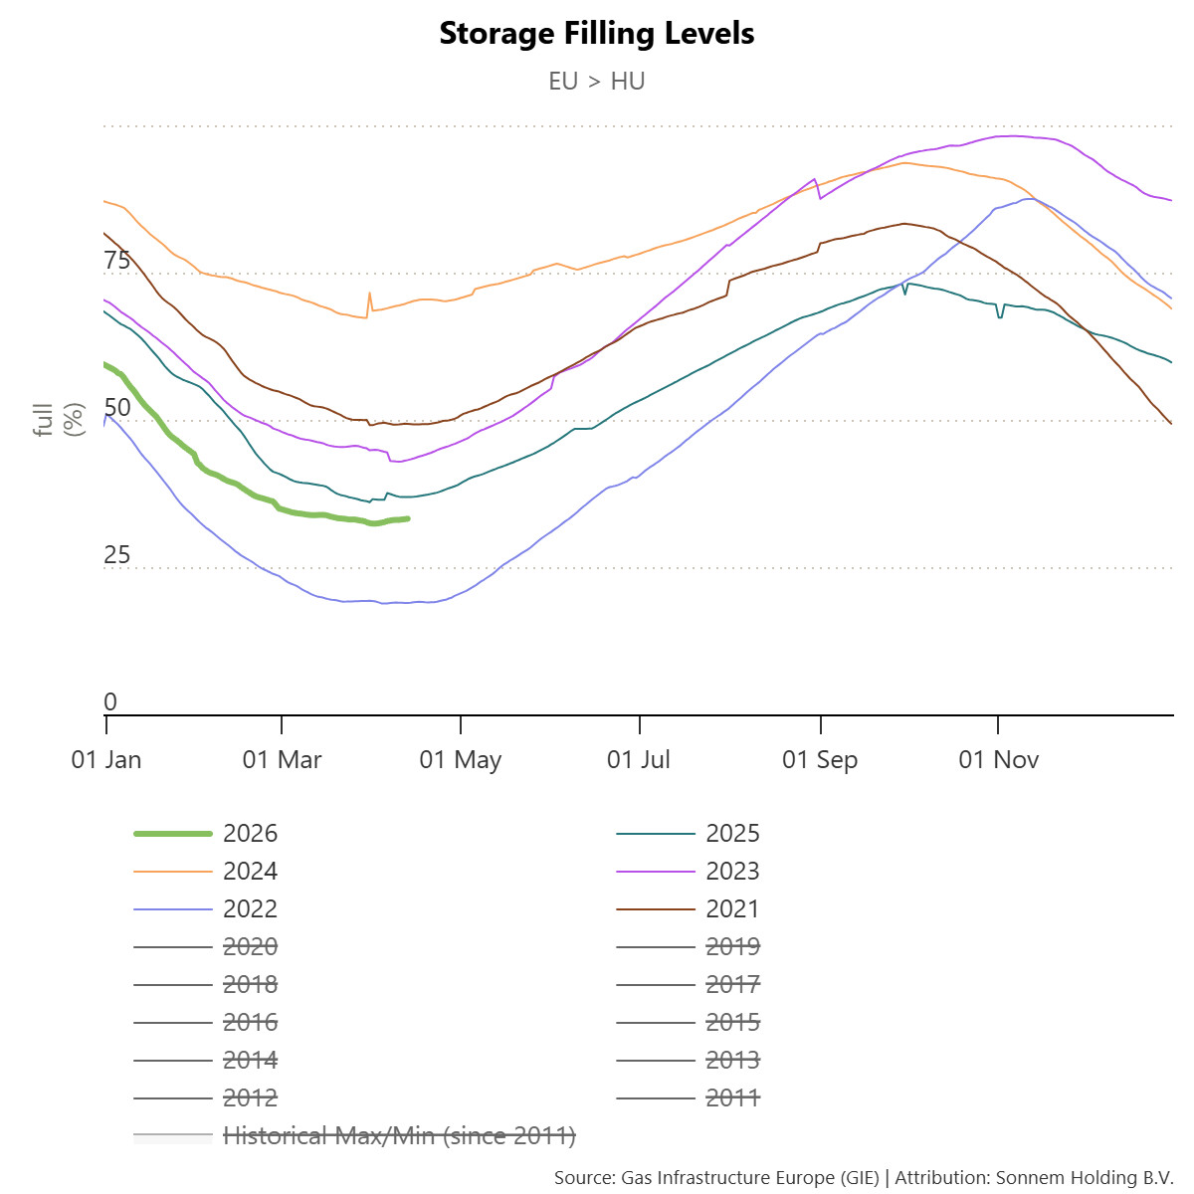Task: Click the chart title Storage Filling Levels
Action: (x=596, y=34)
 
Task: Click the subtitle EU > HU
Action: (x=596, y=82)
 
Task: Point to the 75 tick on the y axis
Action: (x=117, y=261)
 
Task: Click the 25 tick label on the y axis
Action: (x=117, y=555)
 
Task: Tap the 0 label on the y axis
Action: (x=110, y=702)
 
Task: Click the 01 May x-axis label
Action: (x=461, y=760)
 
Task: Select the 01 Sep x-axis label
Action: (x=820, y=760)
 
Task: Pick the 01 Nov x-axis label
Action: (x=998, y=760)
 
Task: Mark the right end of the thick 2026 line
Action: (x=408, y=518)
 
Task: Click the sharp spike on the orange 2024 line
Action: (x=369, y=294)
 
